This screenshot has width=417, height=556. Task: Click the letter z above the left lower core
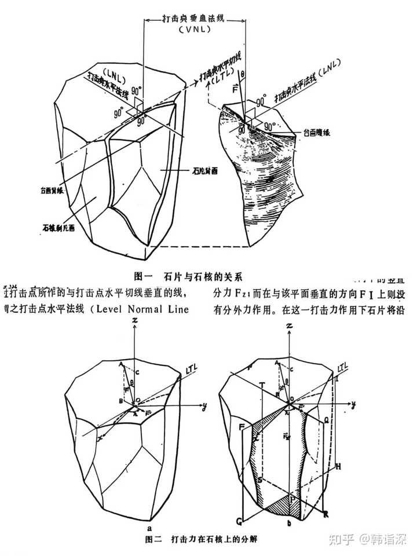(x=134, y=321)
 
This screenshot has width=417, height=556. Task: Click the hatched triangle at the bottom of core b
(x=288, y=507)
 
